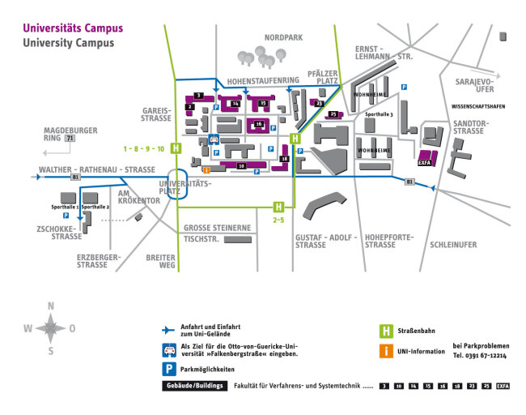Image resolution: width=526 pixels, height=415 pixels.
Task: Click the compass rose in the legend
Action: (50, 328)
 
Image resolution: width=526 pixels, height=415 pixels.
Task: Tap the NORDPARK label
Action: (281, 37)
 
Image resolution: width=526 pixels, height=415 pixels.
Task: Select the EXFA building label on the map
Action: (425, 161)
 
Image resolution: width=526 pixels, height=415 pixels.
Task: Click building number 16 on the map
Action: (235, 104)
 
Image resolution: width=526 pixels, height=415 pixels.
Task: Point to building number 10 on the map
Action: (241, 165)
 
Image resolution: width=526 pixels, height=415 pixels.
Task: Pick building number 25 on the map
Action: (333, 115)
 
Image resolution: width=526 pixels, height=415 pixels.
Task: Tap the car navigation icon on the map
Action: (214, 139)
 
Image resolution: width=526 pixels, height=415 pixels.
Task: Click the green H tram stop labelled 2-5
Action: (278, 207)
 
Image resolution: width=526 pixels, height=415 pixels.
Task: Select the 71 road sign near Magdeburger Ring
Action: (70, 139)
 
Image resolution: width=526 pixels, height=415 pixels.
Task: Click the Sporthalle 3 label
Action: (379, 115)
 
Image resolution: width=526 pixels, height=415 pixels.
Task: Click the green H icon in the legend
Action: (387, 331)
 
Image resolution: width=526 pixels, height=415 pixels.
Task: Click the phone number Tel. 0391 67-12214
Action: (480, 356)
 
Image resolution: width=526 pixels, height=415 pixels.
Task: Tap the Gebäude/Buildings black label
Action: (195, 387)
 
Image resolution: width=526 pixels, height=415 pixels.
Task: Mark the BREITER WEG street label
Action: (160, 260)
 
